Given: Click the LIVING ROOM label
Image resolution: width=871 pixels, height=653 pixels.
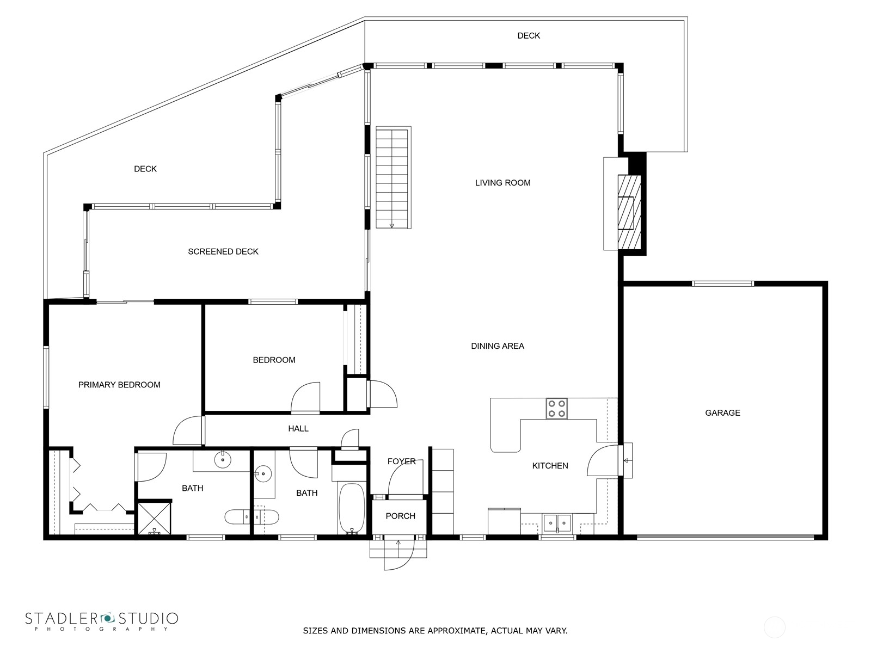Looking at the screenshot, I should click(502, 183).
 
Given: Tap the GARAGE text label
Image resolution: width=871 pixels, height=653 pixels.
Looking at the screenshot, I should click(722, 413).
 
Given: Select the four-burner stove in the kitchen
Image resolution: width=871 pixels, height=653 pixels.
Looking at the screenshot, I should click(556, 409).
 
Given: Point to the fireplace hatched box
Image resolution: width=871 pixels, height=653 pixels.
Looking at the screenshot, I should click(629, 212).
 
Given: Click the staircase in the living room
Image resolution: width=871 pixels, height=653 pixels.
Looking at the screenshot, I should click(392, 177).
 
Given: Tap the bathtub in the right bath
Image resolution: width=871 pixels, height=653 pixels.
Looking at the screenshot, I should click(352, 509).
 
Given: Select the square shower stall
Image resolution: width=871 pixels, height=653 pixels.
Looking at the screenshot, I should click(154, 519).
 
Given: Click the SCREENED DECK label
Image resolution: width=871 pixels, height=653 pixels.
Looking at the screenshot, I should click(223, 252).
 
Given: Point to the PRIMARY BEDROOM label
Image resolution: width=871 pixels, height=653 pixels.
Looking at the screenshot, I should click(119, 385).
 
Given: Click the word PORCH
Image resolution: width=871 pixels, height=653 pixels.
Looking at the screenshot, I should click(400, 516).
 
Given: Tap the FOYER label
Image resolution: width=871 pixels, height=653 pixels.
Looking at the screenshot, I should click(401, 461).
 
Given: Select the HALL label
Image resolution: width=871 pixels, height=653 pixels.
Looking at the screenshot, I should click(298, 429).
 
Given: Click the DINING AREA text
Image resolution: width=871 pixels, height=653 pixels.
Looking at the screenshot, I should click(498, 346).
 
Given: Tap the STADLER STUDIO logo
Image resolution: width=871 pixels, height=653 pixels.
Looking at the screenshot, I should click(101, 621).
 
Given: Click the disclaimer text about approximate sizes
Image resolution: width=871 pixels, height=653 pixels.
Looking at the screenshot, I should click(435, 631).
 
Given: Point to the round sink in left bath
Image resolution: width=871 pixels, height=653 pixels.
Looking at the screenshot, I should click(223, 460).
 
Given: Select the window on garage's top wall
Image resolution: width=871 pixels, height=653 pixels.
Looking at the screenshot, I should click(722, 284).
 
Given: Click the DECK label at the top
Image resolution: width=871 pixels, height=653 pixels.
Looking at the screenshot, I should click(528, 36).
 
